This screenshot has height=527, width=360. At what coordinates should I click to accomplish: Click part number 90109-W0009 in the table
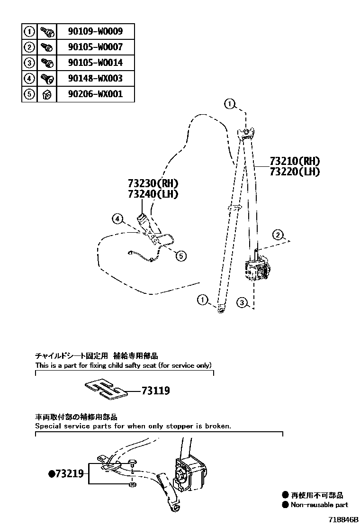[95, 32]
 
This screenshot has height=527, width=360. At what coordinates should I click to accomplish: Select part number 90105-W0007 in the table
[95, 47]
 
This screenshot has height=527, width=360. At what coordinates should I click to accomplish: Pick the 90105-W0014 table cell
[95, 63]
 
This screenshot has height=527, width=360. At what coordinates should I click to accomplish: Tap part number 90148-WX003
[95, 78]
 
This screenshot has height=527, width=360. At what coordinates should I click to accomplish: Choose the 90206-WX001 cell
[95, 94]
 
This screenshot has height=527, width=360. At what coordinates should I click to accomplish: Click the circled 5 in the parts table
[29, 94]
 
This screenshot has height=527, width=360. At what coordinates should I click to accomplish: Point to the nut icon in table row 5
[46, 94]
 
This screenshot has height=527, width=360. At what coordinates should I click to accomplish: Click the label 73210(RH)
[294, 161]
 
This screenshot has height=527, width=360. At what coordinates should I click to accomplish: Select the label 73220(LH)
[294, 172]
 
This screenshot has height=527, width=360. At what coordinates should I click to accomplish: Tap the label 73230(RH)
[154, 183]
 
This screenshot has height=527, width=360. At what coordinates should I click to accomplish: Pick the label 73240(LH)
[154, 194]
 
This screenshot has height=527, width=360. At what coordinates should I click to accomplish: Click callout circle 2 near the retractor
[278, 234]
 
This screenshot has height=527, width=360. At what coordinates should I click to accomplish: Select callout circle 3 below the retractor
[242, 302]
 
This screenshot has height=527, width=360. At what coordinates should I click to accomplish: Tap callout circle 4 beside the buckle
[117, 218]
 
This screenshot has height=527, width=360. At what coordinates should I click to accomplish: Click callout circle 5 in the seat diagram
[180, 256]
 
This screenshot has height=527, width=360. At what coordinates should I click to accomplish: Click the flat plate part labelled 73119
[106, 388]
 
